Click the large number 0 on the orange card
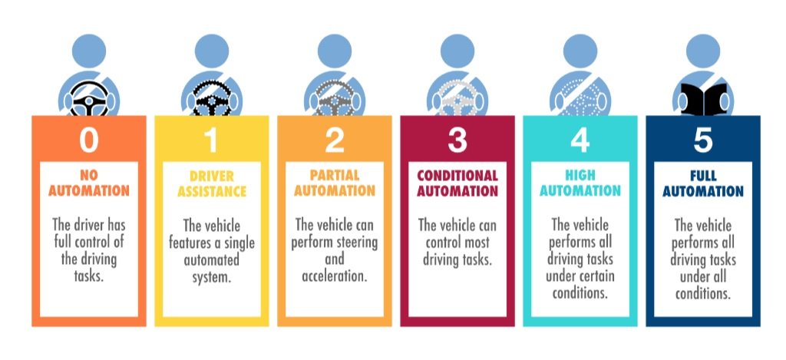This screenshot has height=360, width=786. click(x=89, y=140)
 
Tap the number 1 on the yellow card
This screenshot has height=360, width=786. click(x=211, y=140)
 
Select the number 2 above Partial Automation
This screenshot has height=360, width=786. click(x=335, y=140)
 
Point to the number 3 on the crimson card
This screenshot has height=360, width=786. click(x=457, y=140)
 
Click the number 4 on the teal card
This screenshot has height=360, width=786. click(x=580, y=140)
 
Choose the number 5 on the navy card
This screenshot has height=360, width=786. click(x=703, y=140)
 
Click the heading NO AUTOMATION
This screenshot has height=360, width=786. click(x=89, y=183)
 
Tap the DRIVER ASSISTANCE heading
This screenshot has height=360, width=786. click(x=212, y=183)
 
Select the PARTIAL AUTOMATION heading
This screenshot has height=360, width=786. click(x=335, y=183)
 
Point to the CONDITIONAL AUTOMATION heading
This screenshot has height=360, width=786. click(x=457, y=183)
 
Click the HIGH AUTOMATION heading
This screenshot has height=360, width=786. click(x=580, y=183)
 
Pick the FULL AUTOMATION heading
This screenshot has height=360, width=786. click(x=703, y=183)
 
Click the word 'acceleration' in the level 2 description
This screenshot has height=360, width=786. click(x=335, y=276)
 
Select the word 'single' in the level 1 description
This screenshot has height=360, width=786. click(x=237, y=243)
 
